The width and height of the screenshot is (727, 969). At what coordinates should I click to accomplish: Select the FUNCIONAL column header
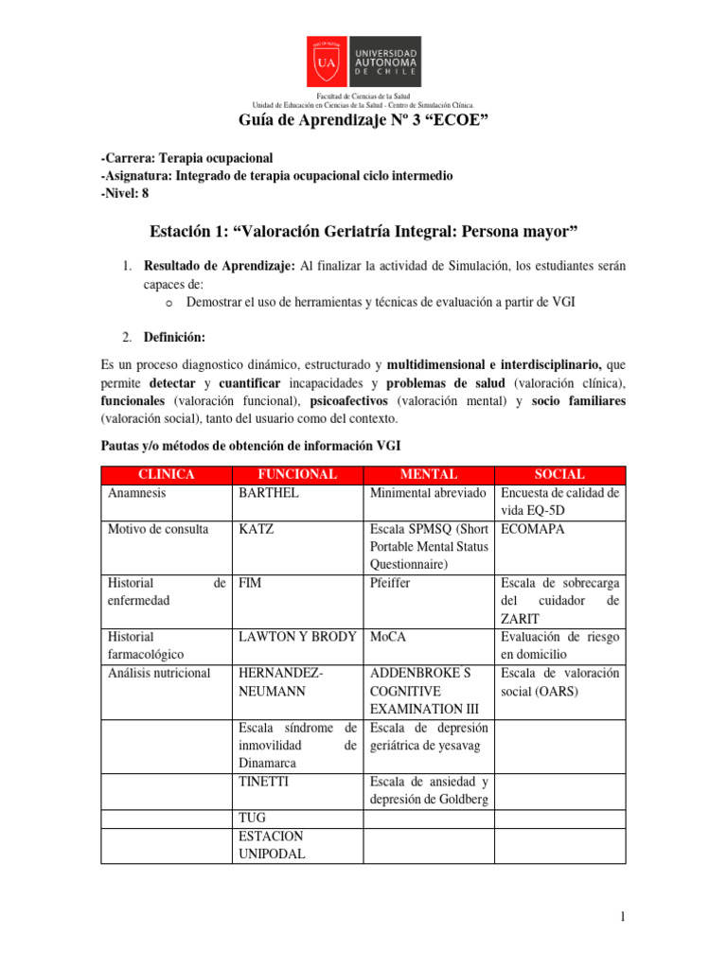click(x=297, y=474)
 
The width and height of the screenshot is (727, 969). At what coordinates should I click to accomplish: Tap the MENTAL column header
click(x=429, y=474)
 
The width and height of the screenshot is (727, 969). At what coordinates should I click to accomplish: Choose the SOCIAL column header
click(x=559, y=474)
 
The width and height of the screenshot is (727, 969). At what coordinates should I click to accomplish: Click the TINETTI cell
click(x=264, y=782)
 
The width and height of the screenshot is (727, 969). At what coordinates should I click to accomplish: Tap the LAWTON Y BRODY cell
click(x=295, y=637)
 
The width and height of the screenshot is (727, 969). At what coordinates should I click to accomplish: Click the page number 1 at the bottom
click(x=624, y=917)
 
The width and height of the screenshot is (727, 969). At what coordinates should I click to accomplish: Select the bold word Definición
click(x=174, y=336)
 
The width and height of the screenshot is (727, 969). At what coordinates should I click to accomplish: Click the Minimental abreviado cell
click(x=428, y=493)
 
